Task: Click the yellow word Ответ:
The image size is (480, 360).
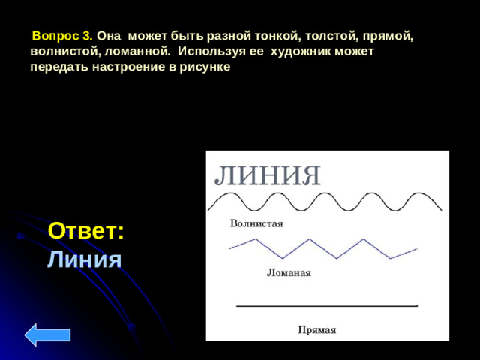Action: [86, 231]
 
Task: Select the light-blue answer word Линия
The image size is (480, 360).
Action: [84, 259]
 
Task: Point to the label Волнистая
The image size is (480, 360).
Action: [256, 223]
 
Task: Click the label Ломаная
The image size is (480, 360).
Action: [289, 273]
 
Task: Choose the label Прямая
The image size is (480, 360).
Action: [316, 329]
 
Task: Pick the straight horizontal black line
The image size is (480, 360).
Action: [327, 306]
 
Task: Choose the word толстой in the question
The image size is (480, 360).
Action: [319, 36]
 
